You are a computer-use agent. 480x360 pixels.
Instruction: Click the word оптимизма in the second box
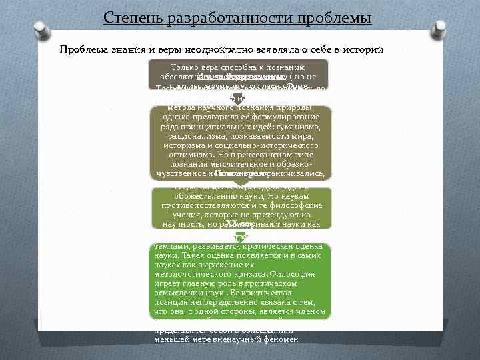click(x=192, y=154)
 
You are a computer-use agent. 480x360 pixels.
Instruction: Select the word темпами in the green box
click(x=168, y=245)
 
